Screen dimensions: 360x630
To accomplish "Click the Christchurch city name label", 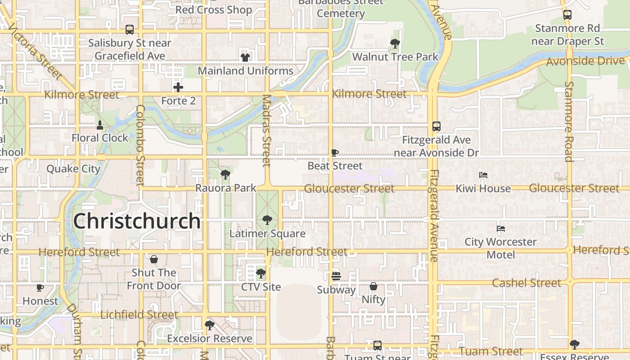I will [x=137, y=221].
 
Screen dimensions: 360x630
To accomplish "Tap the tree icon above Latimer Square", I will [x=267, y=220].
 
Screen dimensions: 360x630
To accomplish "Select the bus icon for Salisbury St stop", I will [x=130, y=30].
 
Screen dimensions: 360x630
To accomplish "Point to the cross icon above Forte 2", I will [x=178, y=87].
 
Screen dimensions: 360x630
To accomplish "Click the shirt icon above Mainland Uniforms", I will [x=245, y=57].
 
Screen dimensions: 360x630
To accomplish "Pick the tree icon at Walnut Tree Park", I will [x=395, y=44].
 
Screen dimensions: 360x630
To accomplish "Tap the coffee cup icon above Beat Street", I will [x=335, y=153].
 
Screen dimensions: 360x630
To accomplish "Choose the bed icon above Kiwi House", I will [x=483, y=175].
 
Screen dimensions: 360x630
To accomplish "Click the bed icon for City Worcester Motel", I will [x=501, y=229].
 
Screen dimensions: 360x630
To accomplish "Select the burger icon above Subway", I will [x=336, y=276].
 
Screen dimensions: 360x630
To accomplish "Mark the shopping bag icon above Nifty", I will [x=373, y=286].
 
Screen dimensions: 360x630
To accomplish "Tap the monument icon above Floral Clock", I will [x=100, y=124].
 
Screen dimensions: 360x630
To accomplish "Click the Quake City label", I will [x=73, y=169].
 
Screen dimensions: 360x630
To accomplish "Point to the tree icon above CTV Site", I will [x=261, y=274].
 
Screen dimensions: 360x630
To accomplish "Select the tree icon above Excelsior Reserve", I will [x=209, y=325].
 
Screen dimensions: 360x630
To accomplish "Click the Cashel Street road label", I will [x=526, y=283].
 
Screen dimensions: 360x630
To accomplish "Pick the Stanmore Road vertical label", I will [x=569, y=121].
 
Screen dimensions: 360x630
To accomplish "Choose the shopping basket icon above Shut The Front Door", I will [x=154, y=259].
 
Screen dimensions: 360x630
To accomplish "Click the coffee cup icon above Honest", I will [x=40, y=288].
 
